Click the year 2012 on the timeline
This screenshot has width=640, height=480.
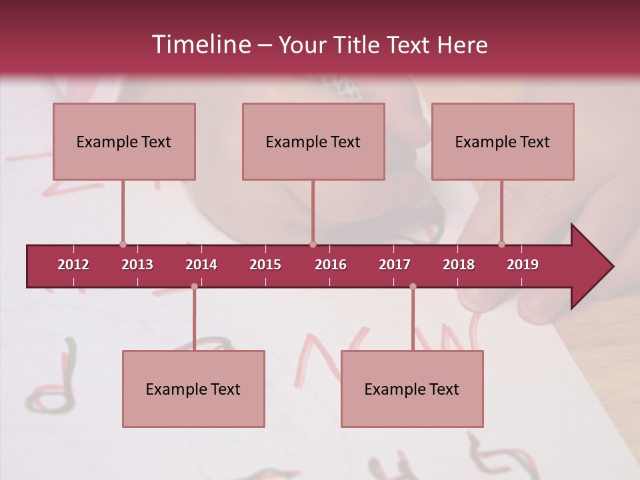tap(73, 265)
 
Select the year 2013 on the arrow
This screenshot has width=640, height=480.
tap(137, 265)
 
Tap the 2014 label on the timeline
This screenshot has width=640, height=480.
tap(201, 265)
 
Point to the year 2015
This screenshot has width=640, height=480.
tap(265, 265)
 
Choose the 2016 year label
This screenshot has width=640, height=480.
tap(331, 265)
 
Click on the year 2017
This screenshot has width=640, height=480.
tap(395, 265)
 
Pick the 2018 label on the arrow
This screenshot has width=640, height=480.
tap(459, 265)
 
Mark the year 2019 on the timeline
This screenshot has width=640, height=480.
tap(523, 265)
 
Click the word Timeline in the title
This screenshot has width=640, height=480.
tap(200, 45)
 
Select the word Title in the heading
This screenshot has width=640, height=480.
tap(359, 45)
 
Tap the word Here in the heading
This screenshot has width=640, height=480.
tap(462, 45)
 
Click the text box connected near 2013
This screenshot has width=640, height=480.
tap(124, 141)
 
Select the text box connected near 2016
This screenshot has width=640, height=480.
tap(313, 141)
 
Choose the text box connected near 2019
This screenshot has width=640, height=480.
tap(503, 141)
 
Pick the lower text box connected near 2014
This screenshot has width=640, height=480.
tap(193, 389)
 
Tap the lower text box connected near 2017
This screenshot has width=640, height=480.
tap(412, 389)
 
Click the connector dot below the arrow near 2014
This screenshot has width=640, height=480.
tap(194, 286)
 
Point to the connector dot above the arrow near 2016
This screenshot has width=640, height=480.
tap(313, 244)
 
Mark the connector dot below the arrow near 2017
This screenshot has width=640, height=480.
tap(413, 286)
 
